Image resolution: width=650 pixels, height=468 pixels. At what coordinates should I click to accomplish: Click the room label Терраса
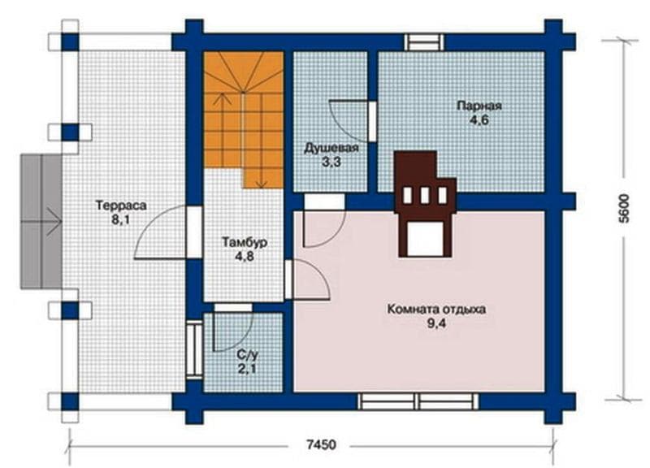[121, 206]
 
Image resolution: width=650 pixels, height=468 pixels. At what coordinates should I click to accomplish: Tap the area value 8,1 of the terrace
[120, 219]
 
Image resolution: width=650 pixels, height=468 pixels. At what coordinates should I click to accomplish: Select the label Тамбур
[245, 242]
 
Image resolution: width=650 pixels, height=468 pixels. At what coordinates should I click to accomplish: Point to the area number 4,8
[245, 257]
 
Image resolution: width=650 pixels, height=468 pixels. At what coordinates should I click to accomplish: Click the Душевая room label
[331, 148]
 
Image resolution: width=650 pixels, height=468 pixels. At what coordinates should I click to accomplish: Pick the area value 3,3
[331, 162]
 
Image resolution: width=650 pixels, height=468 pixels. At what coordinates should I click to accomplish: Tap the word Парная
[479, 106]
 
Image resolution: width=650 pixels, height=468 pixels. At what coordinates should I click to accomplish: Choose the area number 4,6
[479, 120]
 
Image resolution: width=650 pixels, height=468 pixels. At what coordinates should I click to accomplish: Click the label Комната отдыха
[436, 310]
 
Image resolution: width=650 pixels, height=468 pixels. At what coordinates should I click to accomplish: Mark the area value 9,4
[436, 323]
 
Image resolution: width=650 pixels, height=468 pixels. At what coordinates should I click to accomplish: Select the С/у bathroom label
[248, 354]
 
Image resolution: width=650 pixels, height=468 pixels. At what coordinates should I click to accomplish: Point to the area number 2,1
[248, 369]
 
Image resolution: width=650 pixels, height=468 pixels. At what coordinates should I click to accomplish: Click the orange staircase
[243, 119]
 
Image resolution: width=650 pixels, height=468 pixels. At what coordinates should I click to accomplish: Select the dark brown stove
[425, 204]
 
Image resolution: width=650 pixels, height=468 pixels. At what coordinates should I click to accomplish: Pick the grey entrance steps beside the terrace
[41, 221]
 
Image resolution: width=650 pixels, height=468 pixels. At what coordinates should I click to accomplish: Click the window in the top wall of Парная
[424, 42]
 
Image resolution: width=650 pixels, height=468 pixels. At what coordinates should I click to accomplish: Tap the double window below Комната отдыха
[418, 401]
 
